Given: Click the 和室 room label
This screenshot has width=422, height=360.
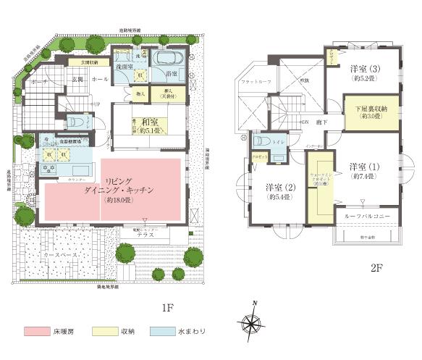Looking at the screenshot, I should pyautogui.click(x=149, y=122).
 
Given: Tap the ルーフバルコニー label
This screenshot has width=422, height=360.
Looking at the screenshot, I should pyautogui.click(x=368, y=216).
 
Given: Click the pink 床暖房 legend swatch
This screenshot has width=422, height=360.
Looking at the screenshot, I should pyautogui.click(x=37, y=331).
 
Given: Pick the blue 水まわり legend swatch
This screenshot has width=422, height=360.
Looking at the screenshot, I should pyautogui.click(x=165, y=331).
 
